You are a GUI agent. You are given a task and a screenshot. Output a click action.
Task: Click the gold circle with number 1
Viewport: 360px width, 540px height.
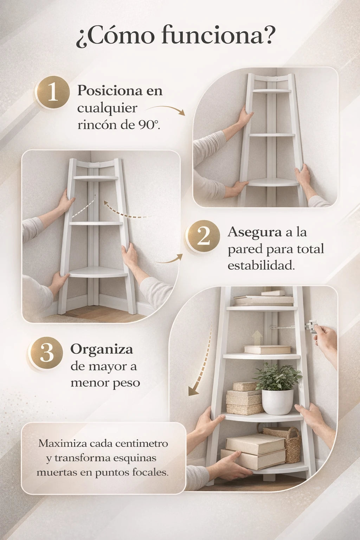click(53, 92)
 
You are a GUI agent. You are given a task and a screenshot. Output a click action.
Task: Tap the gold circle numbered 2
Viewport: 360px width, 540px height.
click(203, 236)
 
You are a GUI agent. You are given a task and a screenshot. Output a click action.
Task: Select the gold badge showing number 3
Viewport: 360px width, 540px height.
click(46, 353)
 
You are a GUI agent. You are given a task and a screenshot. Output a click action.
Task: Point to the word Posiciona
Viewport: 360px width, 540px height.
click(110, 91)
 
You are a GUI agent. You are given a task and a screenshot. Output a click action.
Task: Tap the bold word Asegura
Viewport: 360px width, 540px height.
click(255, 232)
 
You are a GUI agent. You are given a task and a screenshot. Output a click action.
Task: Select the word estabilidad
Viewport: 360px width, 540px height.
click(261, 266)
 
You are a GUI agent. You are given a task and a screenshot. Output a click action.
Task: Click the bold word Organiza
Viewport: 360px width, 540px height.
click(102, 349)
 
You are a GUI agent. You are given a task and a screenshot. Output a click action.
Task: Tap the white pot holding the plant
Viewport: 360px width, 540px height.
click(277, 402)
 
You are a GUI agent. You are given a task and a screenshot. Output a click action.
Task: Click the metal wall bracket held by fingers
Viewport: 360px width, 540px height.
click(311, 326)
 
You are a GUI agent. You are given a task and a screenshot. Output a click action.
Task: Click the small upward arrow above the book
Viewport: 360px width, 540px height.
click(257, 337)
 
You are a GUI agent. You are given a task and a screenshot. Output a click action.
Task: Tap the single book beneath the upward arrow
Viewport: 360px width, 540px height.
click(268, 349)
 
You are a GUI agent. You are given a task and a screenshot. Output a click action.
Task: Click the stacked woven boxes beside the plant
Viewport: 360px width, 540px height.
click(244, 398)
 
